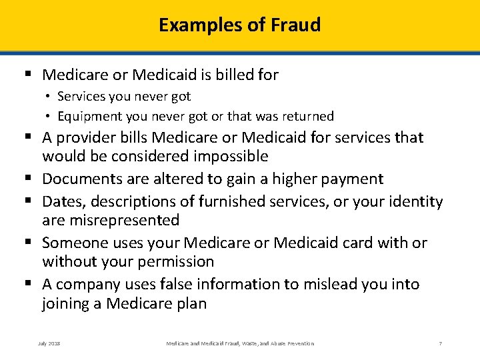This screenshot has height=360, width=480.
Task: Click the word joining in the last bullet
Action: (65, 304)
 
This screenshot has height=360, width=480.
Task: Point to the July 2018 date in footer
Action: (49, 343)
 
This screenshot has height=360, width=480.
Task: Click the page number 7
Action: (440, 343)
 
